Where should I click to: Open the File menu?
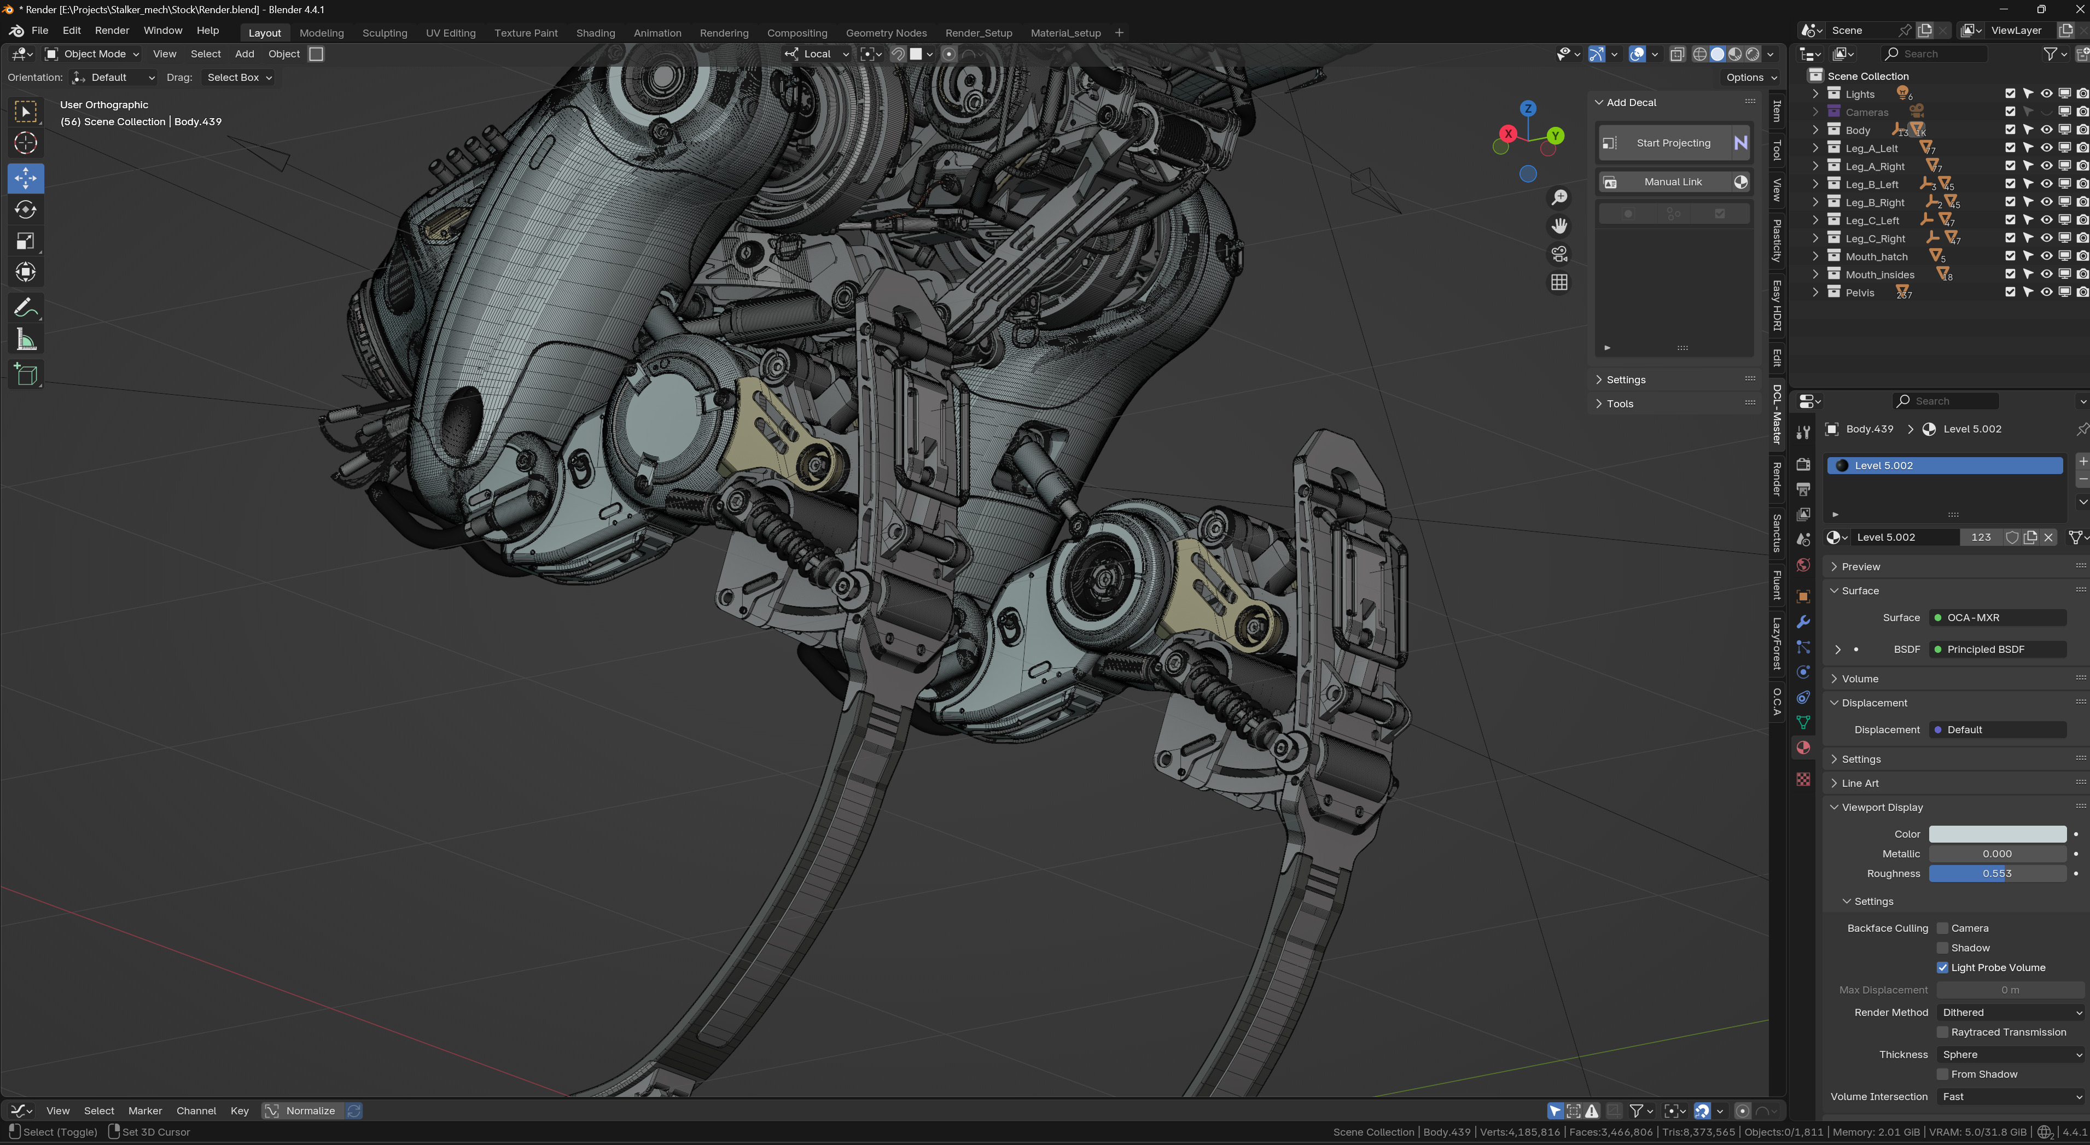tap(39, 30)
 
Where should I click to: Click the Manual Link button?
tap(1673, 182)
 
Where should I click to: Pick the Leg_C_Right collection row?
tap(1875, 238)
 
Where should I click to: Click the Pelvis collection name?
tap(1860, 293)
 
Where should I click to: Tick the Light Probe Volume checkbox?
tap(1942, 967)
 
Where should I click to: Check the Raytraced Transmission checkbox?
tap(1942, 1032)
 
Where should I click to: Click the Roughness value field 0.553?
tap(1996, 873)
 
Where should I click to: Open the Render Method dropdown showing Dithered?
tap(2009, 1012)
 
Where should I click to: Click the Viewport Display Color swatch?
tap(1996, 834)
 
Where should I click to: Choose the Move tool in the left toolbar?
tap(26, 178)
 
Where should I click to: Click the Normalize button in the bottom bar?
tap(310, 1111)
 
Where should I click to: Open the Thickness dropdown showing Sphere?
tap(2009, 1054)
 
